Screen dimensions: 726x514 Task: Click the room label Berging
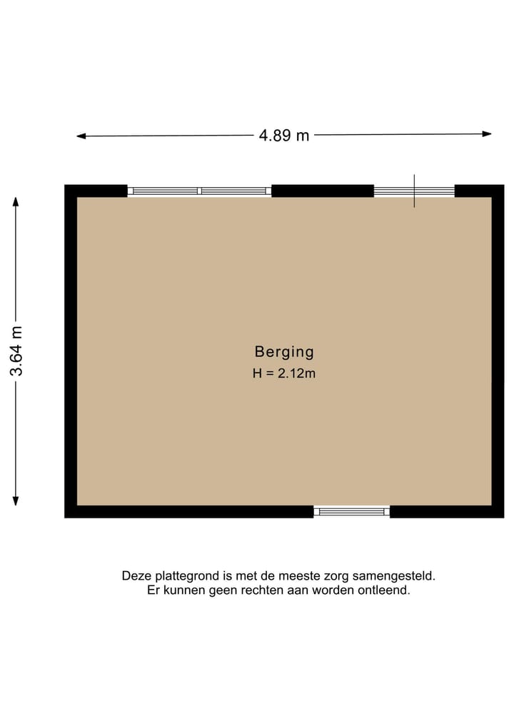[284, 352]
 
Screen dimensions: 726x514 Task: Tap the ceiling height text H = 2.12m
[284, 373]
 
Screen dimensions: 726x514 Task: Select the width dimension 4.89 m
[284, 135]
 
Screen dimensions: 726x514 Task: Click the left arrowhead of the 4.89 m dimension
[81, 136]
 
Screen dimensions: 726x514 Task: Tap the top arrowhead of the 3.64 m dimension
[16, 201]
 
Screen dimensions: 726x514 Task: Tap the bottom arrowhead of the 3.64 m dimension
[16, 501]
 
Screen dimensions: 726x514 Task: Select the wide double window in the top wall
[199, 191]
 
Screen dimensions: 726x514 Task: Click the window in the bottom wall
[351, 511]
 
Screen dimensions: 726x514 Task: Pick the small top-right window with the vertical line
[414, 191]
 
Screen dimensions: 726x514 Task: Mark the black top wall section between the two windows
[323, 191]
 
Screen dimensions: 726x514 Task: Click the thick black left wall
[71, 351]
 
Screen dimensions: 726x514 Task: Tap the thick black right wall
[498, 351]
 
